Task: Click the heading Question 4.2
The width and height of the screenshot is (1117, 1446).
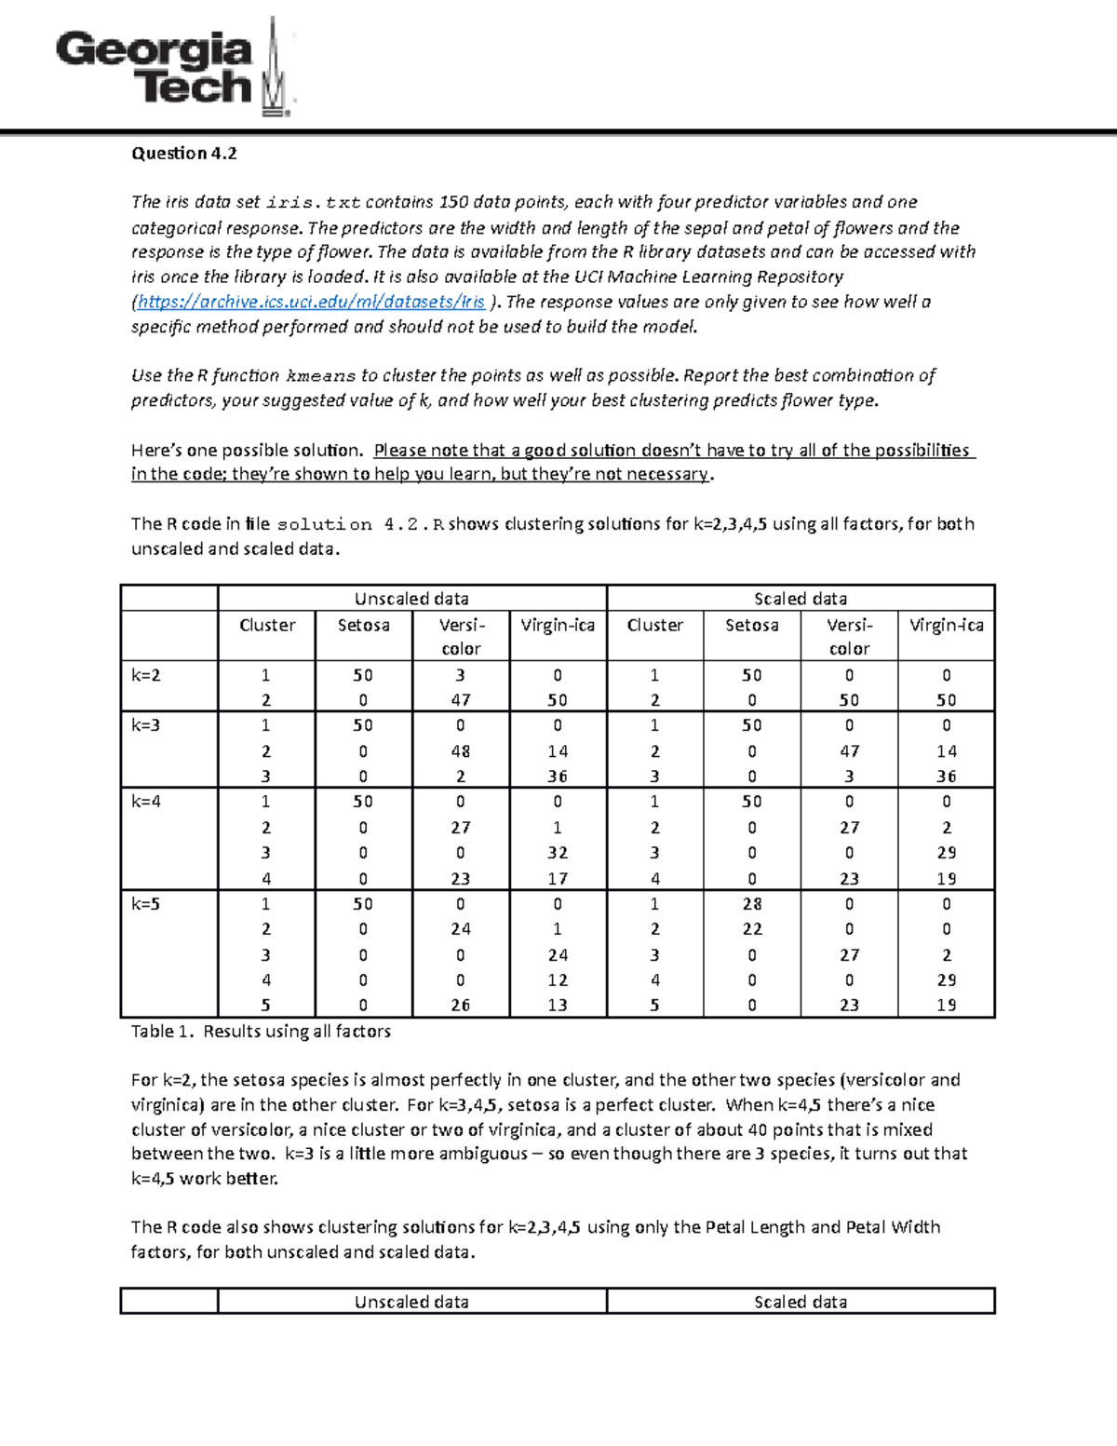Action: pos(183,154)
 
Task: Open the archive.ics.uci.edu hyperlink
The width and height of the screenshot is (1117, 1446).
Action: pos(311,302)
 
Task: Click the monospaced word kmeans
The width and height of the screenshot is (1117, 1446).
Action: pos(320,376)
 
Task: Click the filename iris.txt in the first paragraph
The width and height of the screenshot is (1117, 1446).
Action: pos(313,203)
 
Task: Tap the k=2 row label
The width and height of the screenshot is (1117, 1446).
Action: pos(146,675)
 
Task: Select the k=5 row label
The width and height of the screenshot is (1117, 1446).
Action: pos(146,904)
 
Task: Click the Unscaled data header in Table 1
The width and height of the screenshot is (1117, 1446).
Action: pos(411,599)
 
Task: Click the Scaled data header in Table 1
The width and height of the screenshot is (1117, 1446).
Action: pos(801,599)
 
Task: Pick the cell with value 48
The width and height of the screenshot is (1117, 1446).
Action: pos(460,751)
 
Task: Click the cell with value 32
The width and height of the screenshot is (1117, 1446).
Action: pos(558,853)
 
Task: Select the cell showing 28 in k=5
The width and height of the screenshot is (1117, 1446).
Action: pos(752,904)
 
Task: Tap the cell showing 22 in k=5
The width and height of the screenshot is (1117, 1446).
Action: pos(752,929)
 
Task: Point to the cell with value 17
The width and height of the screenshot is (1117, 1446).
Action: pos(558,879)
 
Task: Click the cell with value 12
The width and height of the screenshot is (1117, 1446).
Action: pos(558,980)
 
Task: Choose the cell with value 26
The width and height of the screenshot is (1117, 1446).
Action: pos(460,1006)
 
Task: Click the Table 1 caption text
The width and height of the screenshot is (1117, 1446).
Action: pos(261,1032)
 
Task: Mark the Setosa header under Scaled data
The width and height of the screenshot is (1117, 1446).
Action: pos(752,626)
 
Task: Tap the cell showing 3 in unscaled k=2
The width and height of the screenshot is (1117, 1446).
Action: pos(460,675)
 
